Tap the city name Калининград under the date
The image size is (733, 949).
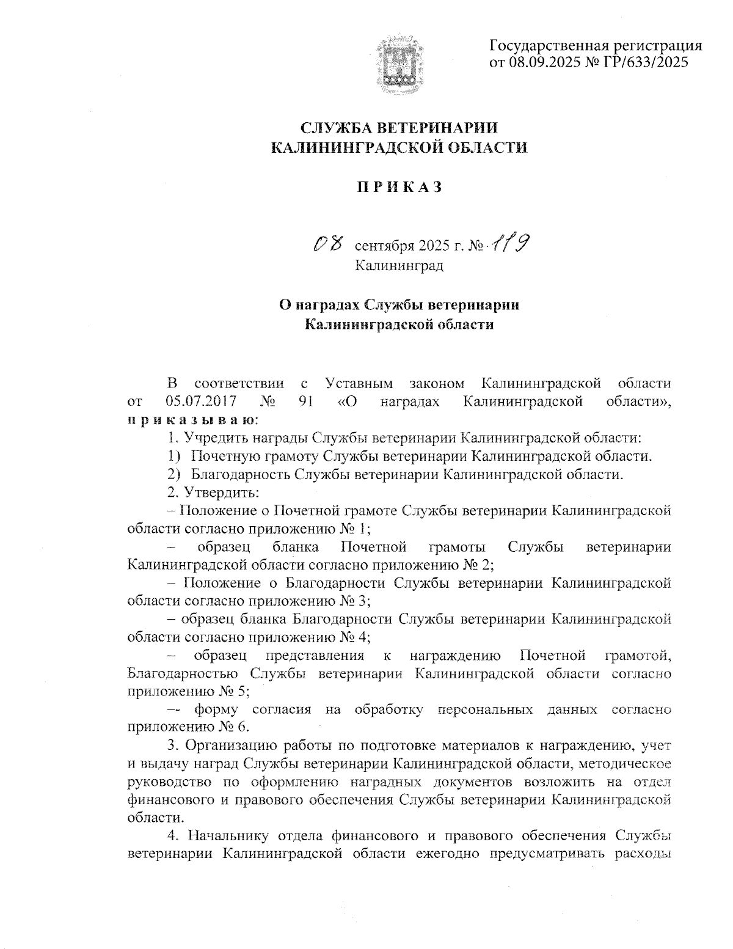coord(399,266)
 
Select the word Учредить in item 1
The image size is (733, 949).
coord(214,438)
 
